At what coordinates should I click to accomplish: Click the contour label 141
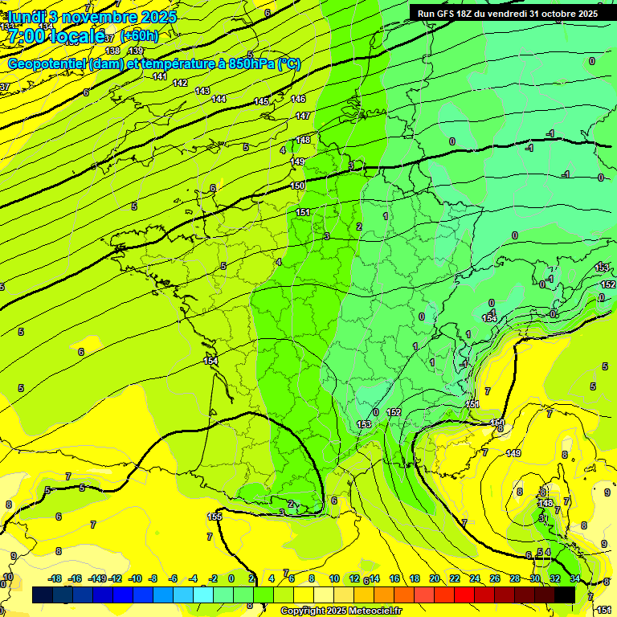(159, 77)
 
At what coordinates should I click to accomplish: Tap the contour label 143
(202, 91)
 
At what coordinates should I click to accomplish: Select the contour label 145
(261, 102)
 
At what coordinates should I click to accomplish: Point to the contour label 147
(302, 116)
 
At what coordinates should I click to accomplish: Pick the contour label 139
(136, 51)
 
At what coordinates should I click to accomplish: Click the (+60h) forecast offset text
(138, 35)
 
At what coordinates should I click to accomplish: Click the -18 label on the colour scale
(55, 578)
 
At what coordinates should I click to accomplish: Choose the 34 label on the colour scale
(575, 578)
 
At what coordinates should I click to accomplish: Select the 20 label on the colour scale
(435, 578)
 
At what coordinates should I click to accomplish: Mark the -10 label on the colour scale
(135, 578)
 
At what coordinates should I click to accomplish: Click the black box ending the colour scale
(565, 595)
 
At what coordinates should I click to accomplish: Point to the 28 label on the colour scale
(515, 578)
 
